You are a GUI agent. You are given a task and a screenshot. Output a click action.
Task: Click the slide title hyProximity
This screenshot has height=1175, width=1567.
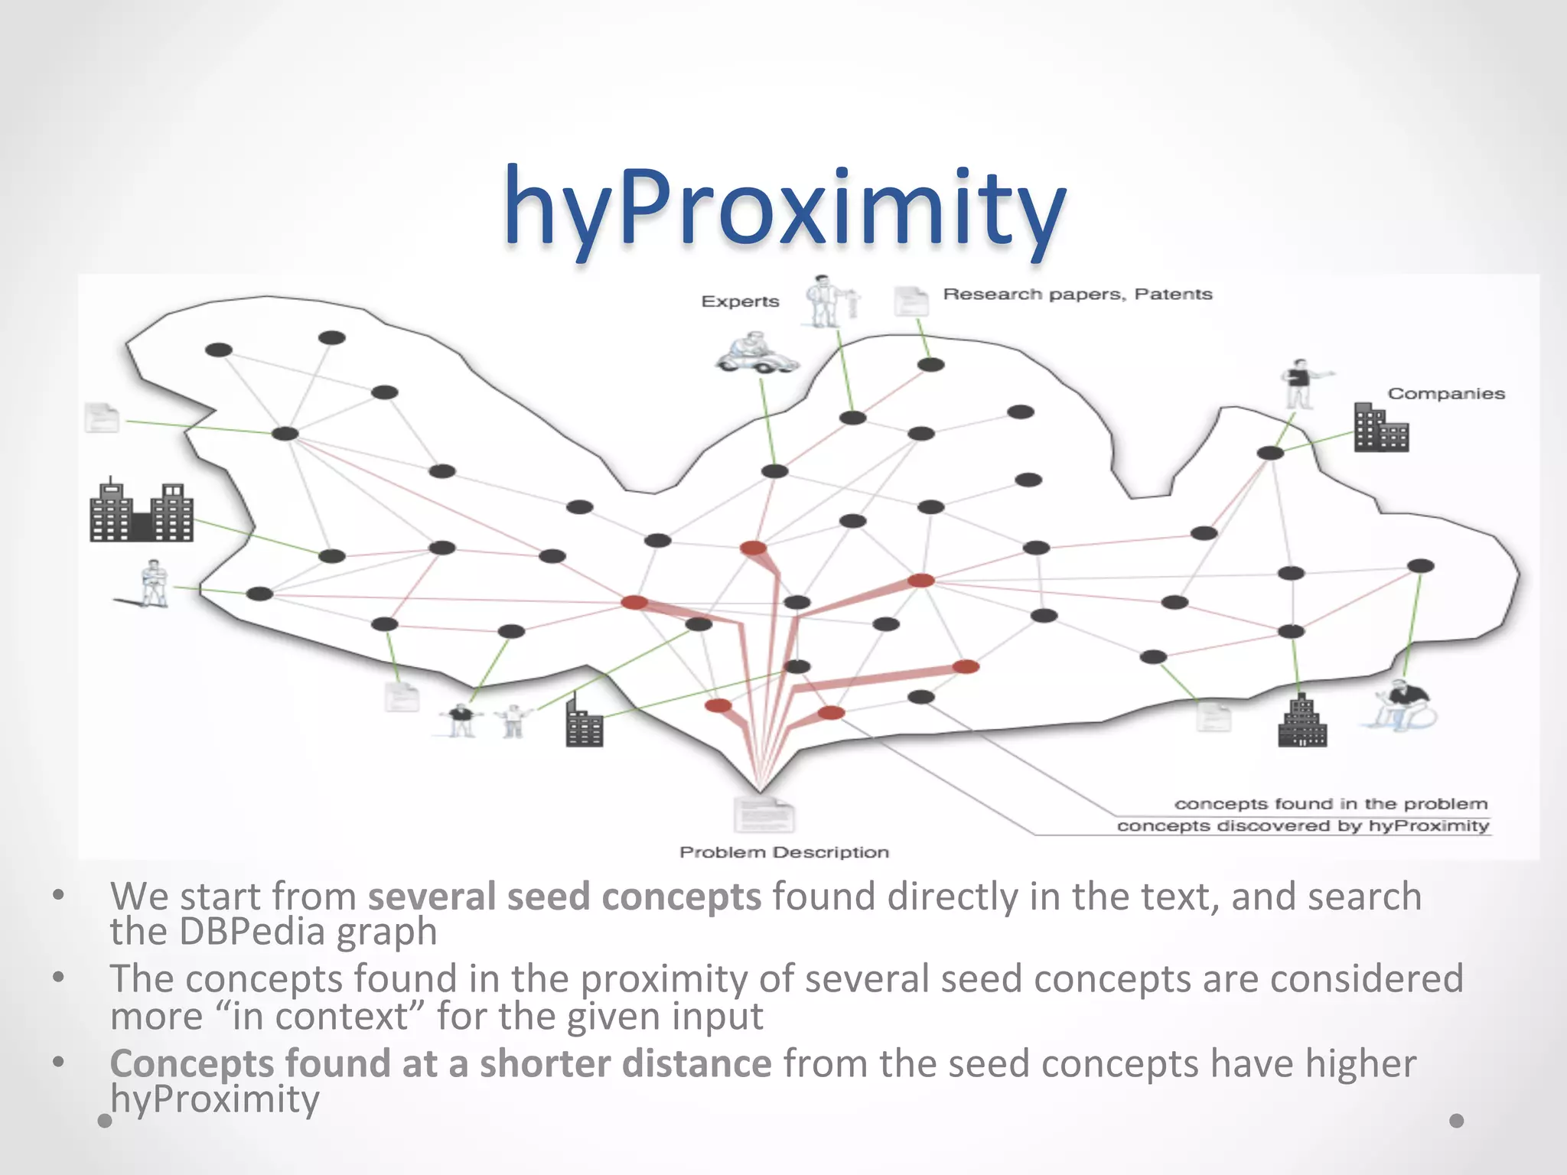pyautogui.click(x=784, y=207)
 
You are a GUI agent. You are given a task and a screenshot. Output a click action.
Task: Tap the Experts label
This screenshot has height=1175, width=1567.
pyautogui.click(x=740, y=301)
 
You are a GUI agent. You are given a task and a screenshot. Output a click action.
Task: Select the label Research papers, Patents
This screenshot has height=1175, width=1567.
pyautogui.click(x=1077, y=295)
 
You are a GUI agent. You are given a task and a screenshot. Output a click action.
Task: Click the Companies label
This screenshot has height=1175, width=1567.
pyautogui.click(x=1446, y=394)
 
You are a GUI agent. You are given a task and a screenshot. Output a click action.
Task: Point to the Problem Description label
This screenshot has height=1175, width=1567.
pyautogui.click(x=784, y=852)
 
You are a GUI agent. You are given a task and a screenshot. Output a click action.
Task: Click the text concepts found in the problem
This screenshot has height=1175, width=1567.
pyautogui.click(x=1331, y=804)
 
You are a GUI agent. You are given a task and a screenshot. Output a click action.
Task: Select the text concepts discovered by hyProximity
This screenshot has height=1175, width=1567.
pyautogui.click(x=1302, y=826)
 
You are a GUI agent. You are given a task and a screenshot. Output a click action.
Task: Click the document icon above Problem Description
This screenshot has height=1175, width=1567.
pyautogui.click(x=764, y=813)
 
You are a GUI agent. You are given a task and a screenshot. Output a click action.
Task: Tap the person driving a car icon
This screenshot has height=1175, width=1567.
pyautogui.click(x=757, y=353)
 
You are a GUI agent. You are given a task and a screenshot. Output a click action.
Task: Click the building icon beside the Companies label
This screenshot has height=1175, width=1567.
pyautogui.click(x=1380, y=428)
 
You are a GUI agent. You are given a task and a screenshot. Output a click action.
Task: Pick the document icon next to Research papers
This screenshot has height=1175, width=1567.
pyautogui.click(x=911, y=301)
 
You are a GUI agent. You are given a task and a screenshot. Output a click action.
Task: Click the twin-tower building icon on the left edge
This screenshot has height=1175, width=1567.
pyautogui.click(x=142, y=511)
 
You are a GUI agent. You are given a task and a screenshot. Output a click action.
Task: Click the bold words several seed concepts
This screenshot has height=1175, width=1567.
pyautogui.click(x=565, y=897)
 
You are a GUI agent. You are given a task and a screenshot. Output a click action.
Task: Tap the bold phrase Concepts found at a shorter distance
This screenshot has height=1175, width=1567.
pyautogui.click(x=441, y=1064)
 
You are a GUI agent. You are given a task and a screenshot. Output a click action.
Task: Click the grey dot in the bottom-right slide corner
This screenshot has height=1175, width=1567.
pyautogui.click(x=1457, y=1121)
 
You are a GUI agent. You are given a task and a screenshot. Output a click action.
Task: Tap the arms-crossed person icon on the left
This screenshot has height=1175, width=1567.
pyautogui.click(x=154, y=584)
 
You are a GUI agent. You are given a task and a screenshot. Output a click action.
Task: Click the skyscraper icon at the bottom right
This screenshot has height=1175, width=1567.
pyautogui.click(x=1301, y=721)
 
